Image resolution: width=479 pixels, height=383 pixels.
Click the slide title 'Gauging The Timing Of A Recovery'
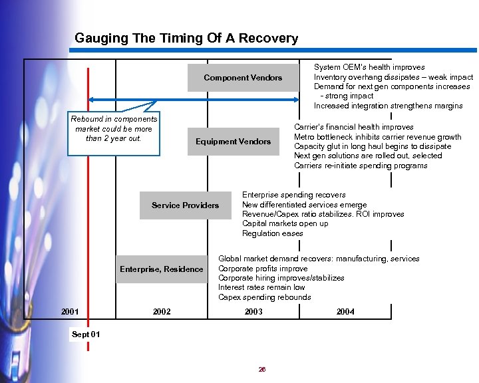(x=186, y=39)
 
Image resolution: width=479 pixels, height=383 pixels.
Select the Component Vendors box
(x=243, y=78)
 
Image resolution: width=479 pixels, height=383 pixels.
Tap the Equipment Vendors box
(x=233, y=142)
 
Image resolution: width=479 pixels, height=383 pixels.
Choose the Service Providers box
(x=185, y=205)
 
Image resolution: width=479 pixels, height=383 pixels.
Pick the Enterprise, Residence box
(x=161, y=269)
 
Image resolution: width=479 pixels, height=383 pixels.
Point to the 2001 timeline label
(x=70, y=312)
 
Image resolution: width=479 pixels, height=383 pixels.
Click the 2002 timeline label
(x=162, y=312)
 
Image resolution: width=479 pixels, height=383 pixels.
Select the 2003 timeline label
(x=253, y=312)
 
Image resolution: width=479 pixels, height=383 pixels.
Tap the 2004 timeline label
(x=345, y=312)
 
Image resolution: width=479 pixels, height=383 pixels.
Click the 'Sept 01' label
(x=86, y=334)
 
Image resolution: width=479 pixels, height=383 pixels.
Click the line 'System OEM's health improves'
(x=369, y=67)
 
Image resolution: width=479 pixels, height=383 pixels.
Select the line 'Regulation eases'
(x=272, y=233)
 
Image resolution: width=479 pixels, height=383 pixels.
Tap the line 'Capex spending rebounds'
(x=264, y=297)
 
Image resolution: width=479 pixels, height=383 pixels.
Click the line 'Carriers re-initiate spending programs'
(x=361, y=166)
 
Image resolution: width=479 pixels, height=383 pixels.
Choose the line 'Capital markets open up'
(x=285, y=224)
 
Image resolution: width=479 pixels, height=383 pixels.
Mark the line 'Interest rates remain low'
(x=261, y=288)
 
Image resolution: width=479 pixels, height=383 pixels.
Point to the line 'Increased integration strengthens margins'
(x=388, y=106)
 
